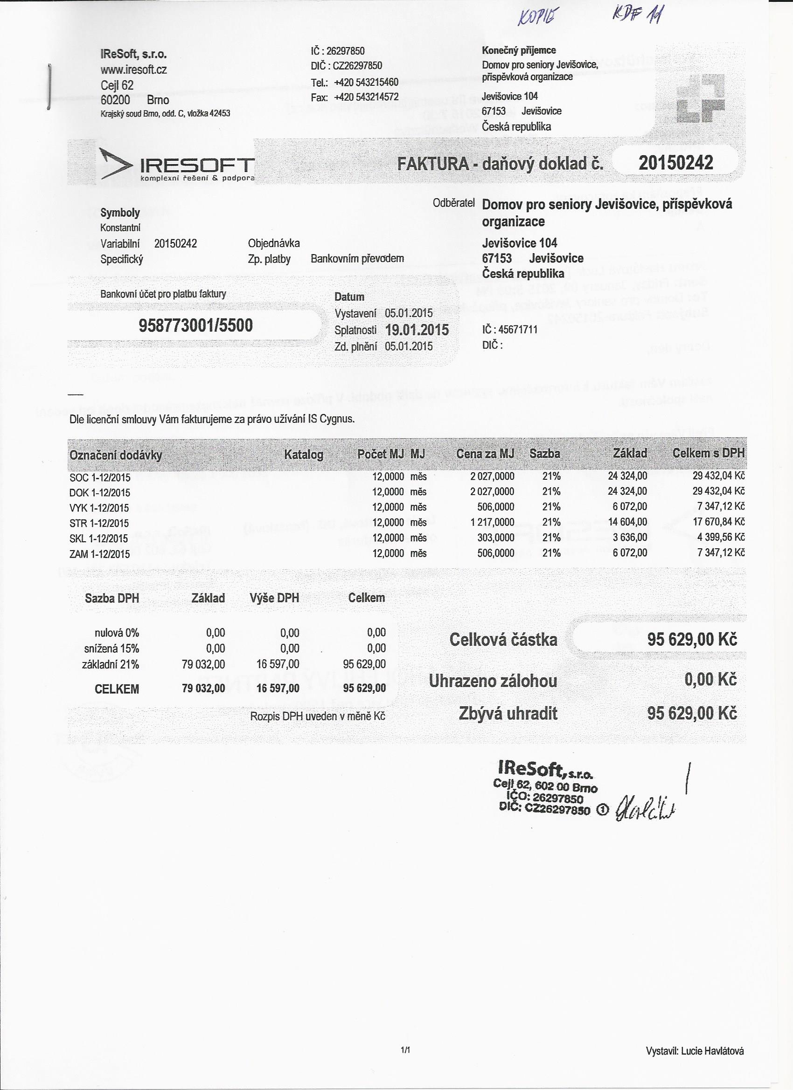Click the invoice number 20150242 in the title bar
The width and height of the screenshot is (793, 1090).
[675, 163]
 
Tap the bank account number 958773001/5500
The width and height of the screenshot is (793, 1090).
[195, 325]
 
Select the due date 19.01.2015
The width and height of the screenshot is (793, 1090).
[417, 330]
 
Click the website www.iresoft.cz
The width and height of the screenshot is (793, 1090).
[134, 69]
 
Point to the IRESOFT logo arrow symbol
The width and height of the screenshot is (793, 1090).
[115, 165]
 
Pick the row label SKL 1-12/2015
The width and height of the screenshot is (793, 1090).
[99, 538]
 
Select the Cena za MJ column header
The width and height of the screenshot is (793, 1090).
[485, 453]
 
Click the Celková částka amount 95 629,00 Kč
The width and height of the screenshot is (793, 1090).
[691, 640]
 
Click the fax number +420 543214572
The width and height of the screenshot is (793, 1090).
[367, 97]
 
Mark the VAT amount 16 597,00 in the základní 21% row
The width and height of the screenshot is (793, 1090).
[278, 664]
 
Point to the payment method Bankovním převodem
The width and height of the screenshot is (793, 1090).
[357, 259]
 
